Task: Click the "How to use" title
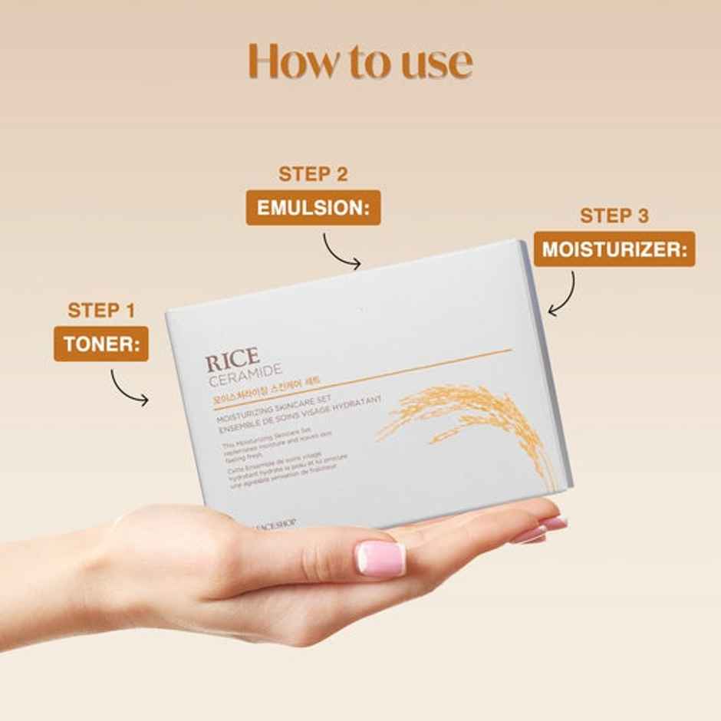pyautogui.click(x=360, y=62)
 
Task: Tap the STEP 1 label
pyautogui.click(x=101, y=310)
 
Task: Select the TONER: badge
pyautogui.click(x=100, y=344)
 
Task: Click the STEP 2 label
pyautogui.click(x=313, y=174)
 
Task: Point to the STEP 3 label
pyautogui.click(x=614, y=216)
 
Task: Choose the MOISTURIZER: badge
pyautogui.click(x=614, y=250)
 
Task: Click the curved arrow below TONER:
pyautogui.click(x=129, y=387)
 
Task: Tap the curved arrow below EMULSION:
pyautogui.click(x=340, y=250)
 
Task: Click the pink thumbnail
pyautogui.click(x=380, y=558)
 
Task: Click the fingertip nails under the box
pyautogui.click(x=542, y=529)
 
